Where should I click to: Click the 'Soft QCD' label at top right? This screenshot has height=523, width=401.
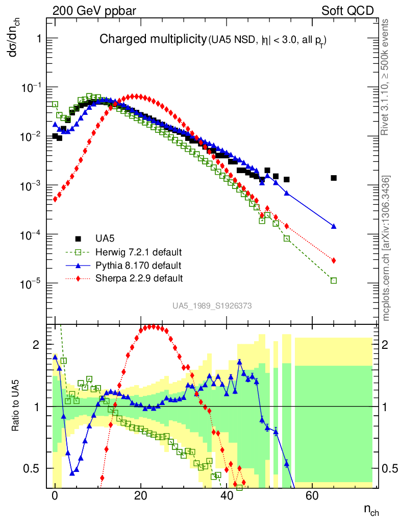(347, 10)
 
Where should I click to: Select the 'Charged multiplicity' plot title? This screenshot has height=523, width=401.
(152, 39)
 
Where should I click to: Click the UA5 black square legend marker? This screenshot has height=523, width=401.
(78, 239)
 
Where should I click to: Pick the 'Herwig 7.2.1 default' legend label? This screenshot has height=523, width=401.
(139, 252)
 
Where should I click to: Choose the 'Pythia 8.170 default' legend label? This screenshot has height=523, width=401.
(138, 265)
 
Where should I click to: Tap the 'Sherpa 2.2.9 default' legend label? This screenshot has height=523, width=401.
(139, 278)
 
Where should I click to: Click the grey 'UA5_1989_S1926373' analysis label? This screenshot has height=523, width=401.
(212, 306)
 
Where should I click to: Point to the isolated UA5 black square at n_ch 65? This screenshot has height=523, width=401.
(334, 178)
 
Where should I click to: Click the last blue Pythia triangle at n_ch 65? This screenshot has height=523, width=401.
(334, 226)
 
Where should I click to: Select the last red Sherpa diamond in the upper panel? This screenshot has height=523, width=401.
(334, 260)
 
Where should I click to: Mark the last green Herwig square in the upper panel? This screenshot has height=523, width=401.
(334, 280)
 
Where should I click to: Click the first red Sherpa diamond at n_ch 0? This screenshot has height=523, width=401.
(55, 199)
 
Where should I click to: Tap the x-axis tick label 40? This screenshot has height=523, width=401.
(226, 496)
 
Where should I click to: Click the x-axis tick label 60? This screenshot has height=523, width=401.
(312, 496)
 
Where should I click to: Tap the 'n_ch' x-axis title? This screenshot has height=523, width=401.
(371, 510)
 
